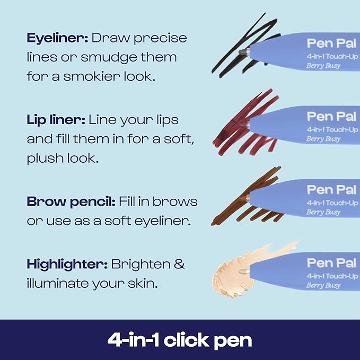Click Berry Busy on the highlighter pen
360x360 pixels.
tap(323, 285)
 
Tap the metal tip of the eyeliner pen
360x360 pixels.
tap(243, 51)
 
